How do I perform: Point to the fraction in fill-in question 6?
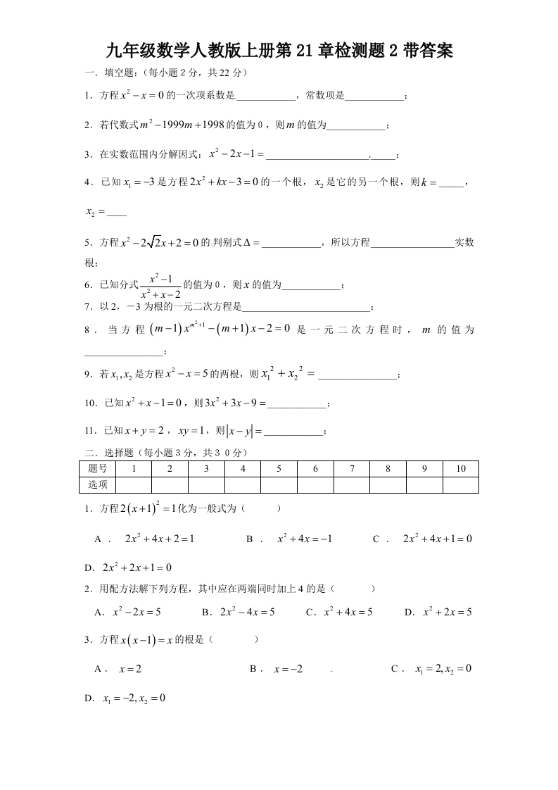160,285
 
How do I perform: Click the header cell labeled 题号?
98,469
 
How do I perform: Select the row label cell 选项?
98,484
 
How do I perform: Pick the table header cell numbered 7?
352,469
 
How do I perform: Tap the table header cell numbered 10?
461,469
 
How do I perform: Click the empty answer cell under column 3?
206,484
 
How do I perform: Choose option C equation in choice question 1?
437,539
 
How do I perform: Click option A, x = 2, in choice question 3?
130,669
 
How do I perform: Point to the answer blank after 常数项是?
375,96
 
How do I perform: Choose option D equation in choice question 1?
137,568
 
